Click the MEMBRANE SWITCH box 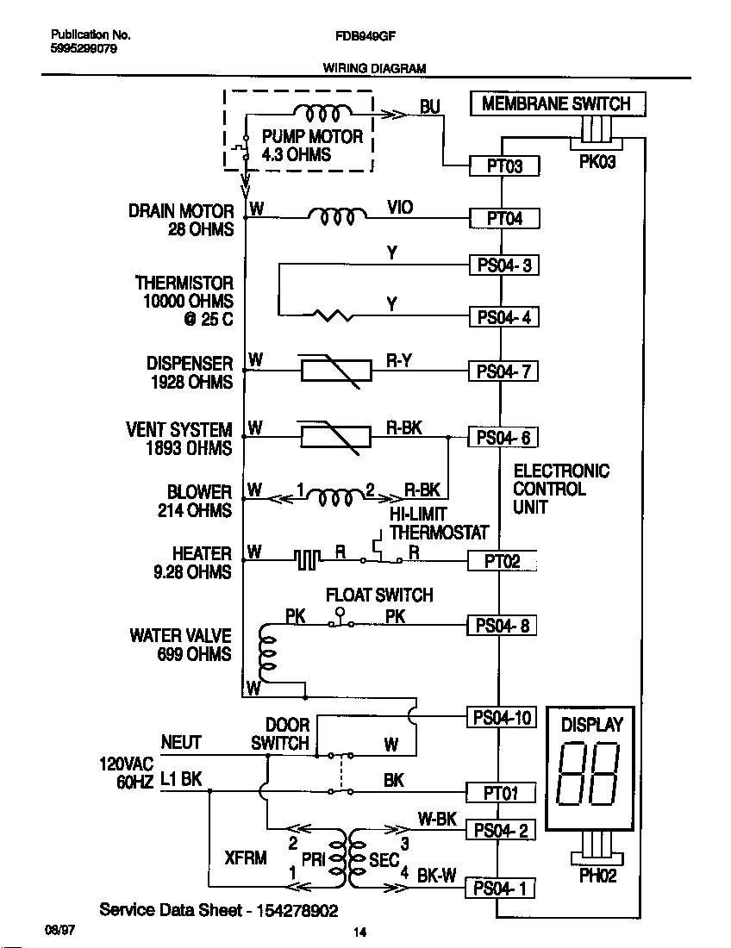[556, 104]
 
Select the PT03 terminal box [504, 165]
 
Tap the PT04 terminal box [504, 218]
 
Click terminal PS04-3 [504, 265]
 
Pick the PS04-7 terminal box [504, 371]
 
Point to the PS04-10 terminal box [501, 717]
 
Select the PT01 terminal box [500, 792]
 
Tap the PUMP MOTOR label [312, 146]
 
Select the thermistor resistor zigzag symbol [333, 316]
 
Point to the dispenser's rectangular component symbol [335, 371]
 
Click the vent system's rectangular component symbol [335, 437]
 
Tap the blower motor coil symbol [335, 497]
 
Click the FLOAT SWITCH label [379, 596]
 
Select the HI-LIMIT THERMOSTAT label [438, 524]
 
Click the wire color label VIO [400, 208]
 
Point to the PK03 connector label [597, 162]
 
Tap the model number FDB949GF [365, 36]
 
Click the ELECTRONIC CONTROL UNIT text [560, 489]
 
